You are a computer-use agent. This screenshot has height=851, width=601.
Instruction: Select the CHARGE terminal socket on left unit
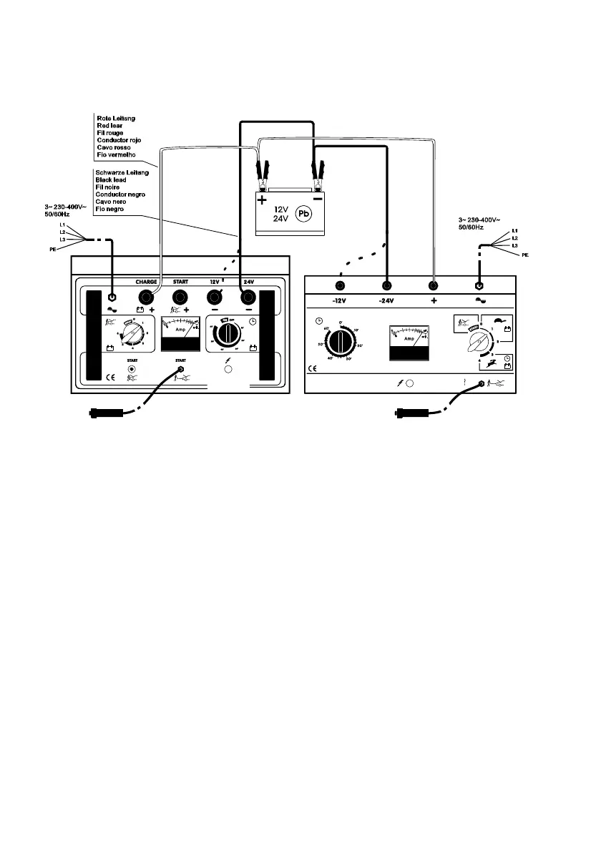[x=147, y=297]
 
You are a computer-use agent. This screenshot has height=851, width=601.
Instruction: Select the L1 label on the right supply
[x=516, y=231]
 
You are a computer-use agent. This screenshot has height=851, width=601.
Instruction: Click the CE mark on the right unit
[x=312, y=369]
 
